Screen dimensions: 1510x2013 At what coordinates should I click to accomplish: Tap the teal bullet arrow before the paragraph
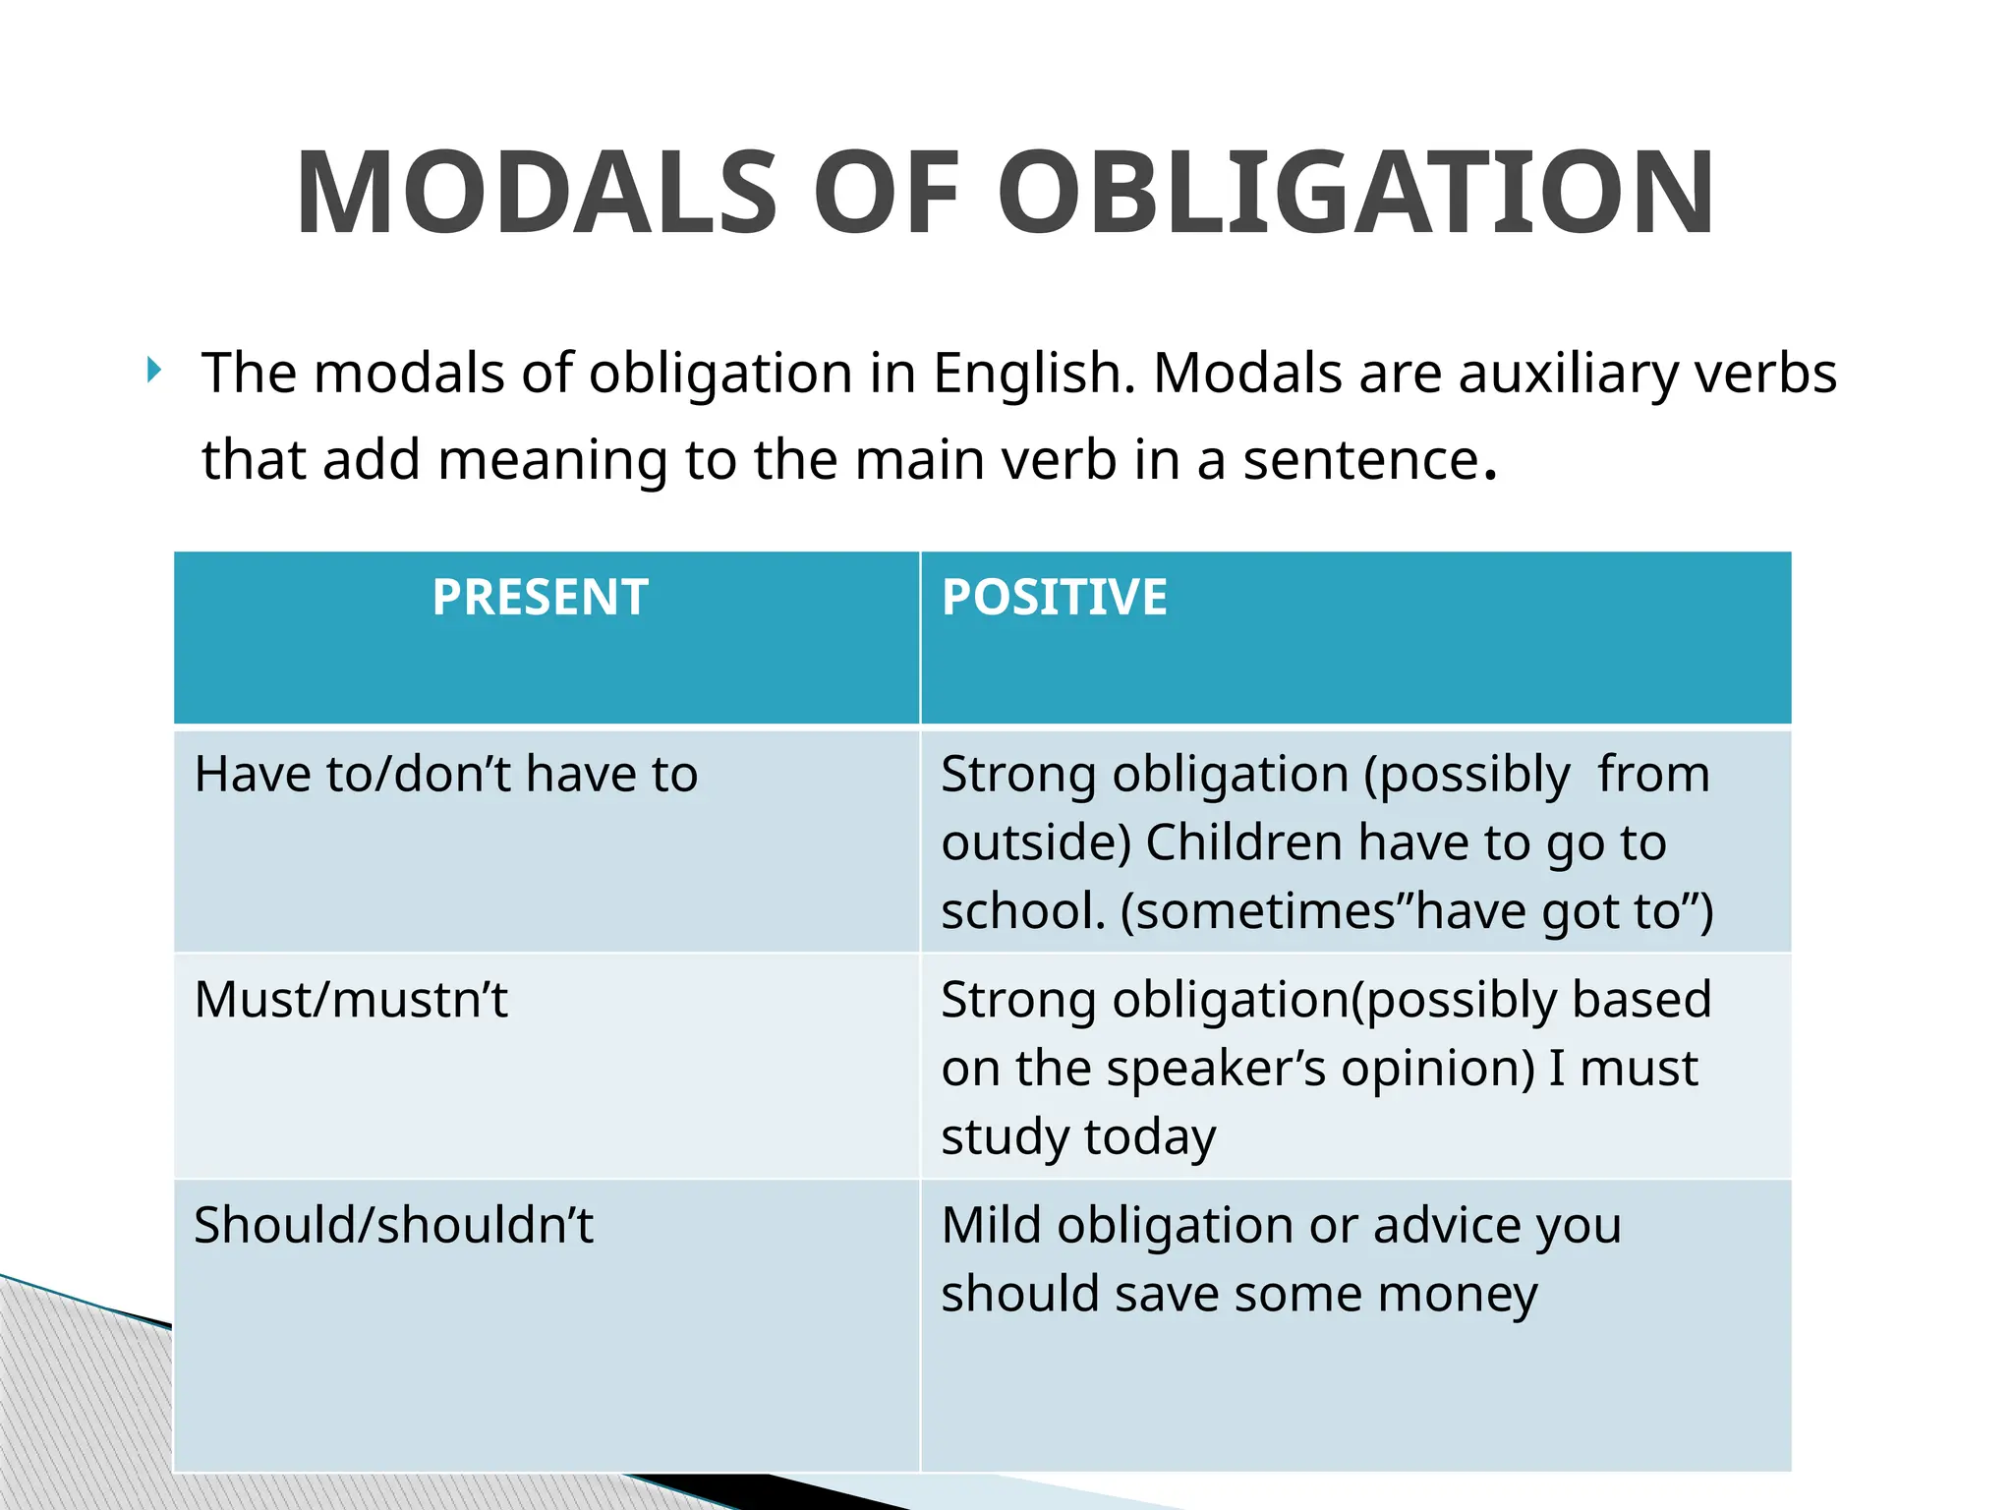click(x=153, y=371)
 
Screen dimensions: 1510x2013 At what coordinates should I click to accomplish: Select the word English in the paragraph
click(x=1028, y=375)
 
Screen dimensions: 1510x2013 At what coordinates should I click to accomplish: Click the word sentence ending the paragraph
click(x=1360, y=460)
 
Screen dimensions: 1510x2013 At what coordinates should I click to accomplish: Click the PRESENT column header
click(x=540, y=598)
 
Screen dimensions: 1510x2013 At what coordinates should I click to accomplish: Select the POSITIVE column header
click(x=1055, y=598)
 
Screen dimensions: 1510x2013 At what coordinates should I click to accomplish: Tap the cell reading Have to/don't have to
click(x=446, y=775)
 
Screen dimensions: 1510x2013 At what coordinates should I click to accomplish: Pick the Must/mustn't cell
click(x=351, y=1001)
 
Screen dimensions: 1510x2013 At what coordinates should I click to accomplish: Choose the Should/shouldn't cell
click(x=393, y=1226)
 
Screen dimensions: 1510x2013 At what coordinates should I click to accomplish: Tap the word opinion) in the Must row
click(x=1438, y=1069)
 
